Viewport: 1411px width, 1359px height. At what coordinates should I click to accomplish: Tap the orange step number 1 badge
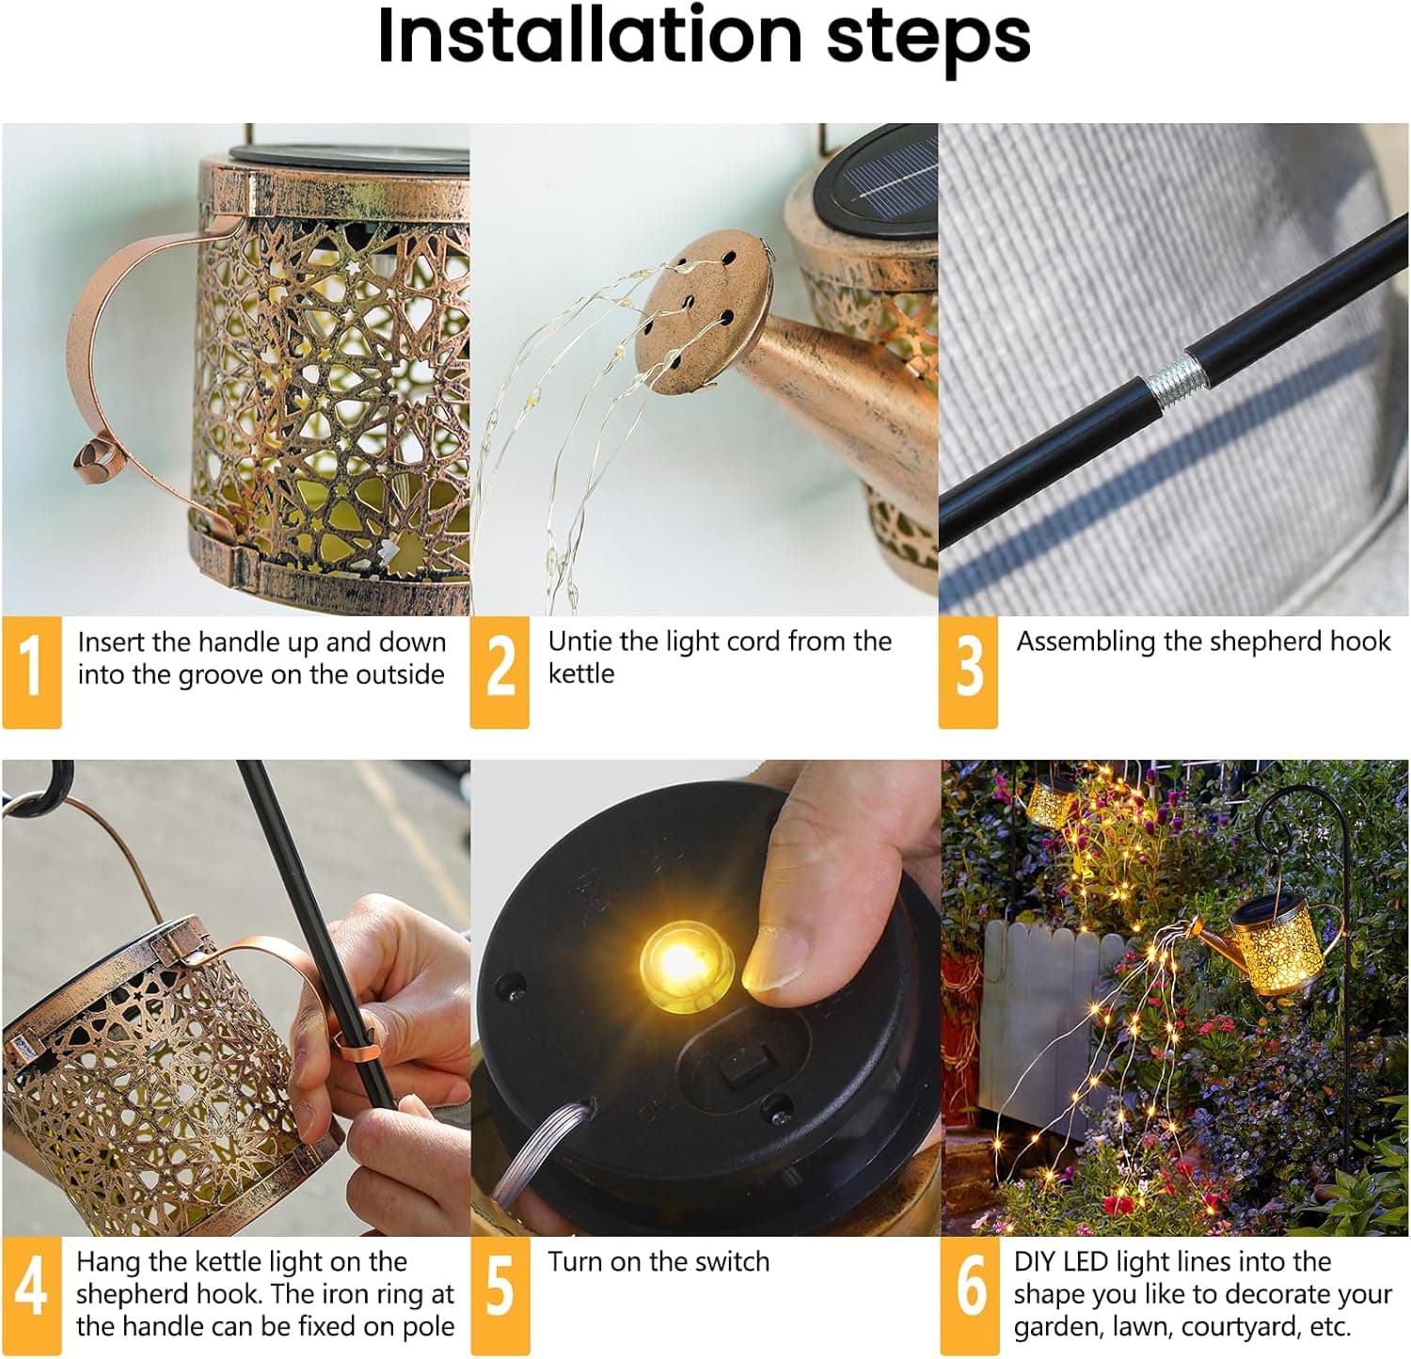pos(31,671)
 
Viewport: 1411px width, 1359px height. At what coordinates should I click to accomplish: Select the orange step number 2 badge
pos(499,671)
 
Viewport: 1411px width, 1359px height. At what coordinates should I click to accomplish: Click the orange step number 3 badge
pos(968,671)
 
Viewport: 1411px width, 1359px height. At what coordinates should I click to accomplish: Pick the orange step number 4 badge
pos(31,1294)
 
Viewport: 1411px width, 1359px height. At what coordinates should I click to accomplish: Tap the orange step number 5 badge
pos(499,1294)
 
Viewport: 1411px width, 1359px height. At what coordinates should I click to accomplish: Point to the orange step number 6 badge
pos(970,1294)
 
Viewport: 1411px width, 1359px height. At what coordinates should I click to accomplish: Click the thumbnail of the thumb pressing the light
pos(790,950)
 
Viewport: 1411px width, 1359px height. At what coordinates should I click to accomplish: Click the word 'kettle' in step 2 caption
pos(580,674)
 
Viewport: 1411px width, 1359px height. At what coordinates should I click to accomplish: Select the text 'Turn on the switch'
pos(658,1261)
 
